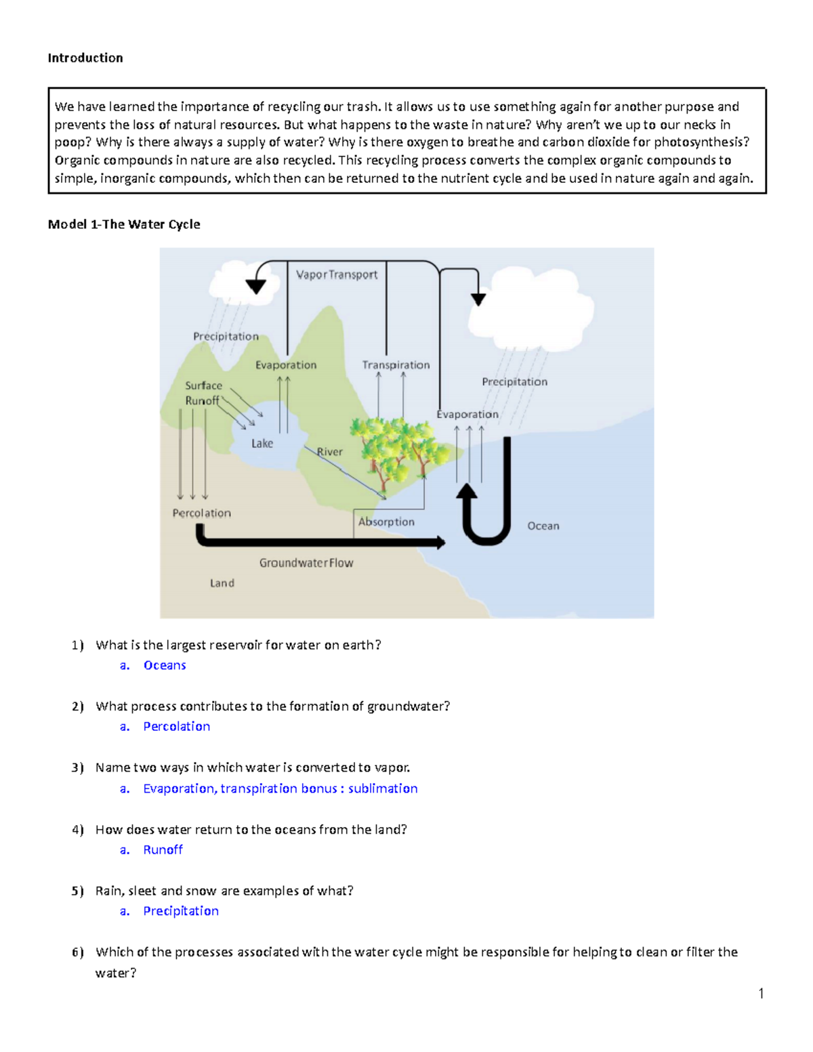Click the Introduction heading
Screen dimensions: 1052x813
(x=85, y=58)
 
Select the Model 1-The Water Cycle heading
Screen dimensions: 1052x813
(x=124, y=224)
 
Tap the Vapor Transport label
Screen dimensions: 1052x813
(x=337, y=274)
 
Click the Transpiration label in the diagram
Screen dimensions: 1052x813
(x=396, y=365)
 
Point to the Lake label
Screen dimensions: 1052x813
(x=262, y=444)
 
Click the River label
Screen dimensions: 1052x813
(x=330, y=452)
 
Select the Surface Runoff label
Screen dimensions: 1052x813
(x=203, y=393)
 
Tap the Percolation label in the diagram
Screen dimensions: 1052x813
(x=201, y=513)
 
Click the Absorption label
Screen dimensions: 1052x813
(x=386, y=522)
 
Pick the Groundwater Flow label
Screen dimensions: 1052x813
(x=306, y=563)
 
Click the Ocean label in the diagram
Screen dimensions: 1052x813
(x=543, y=526)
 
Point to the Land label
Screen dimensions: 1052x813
(x=222, y=583)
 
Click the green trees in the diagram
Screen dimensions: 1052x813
(x=396, y=447)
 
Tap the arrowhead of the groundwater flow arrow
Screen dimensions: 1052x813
(x=441, y=542)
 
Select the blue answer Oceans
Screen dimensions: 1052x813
(x=165, y=665)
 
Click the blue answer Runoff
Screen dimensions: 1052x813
(x=163, y=850)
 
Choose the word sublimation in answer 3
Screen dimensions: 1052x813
(x=383, y=788)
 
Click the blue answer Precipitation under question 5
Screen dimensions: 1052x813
(x=181, y=911)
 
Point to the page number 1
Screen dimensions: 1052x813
(x=762, y=994)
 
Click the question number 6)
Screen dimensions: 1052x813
(x=78, y=952)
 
